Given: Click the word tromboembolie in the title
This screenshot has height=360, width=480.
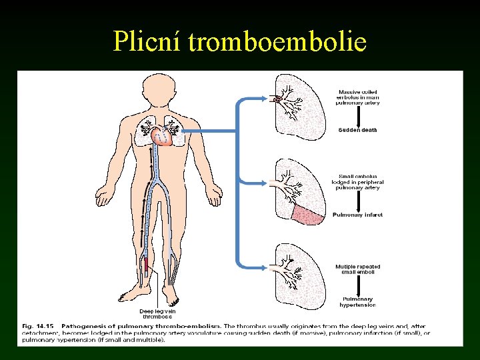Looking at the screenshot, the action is click(277, 41).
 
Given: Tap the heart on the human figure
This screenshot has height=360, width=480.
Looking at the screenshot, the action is click(162, 137).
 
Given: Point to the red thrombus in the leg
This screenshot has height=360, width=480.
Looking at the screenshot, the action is click(146, 265).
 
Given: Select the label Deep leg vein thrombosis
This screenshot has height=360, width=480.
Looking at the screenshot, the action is click(155, 313).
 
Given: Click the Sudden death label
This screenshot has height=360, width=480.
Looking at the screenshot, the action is click(357, 130).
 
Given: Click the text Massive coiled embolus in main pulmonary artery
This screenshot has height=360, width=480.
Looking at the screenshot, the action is click(359, 97).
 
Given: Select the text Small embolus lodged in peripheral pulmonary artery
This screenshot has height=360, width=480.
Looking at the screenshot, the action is click(359, 182).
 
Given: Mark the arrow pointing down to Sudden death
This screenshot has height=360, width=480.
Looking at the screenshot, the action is click(359, 116).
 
